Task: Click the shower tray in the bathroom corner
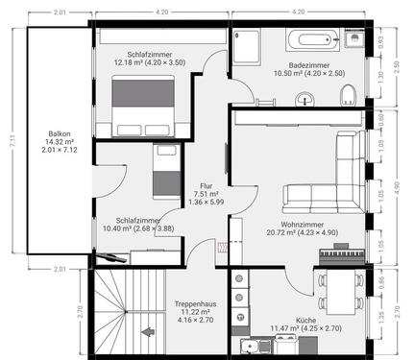[x=247, y=44]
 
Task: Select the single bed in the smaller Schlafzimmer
[x=163, y=172]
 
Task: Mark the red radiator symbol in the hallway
[x=223, y=247]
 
